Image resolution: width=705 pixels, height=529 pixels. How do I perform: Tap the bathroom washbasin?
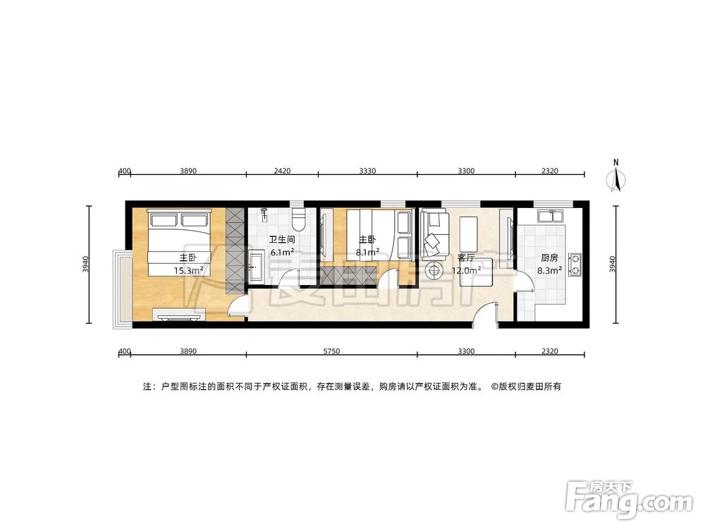tap(256, 269)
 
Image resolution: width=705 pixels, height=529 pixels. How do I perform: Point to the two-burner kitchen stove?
tap(576, 262)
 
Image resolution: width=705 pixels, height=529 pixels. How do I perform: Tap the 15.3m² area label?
tap(188, 269)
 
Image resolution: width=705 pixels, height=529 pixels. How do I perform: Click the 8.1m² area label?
tap(367, 251)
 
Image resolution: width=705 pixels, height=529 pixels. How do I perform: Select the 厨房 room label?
tap(550, 257)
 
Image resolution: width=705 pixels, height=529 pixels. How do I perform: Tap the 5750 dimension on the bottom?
tap(331, 351)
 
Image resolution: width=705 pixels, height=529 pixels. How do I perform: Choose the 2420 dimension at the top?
tap(282, 171)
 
